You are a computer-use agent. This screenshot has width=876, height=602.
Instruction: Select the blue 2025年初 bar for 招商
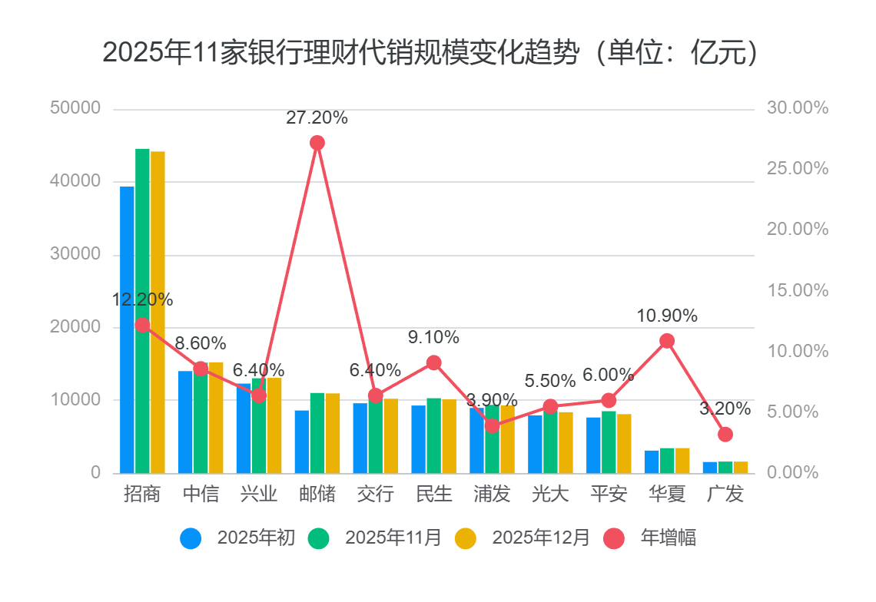click(127, 329)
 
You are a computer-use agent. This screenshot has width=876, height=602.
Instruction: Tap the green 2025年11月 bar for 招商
click(142, 310)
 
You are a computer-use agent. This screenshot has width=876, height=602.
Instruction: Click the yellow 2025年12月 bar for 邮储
click(333, 433)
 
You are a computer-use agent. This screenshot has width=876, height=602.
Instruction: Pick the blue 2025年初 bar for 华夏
click(652, 461)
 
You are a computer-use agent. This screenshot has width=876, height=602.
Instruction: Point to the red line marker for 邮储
click(317, 143)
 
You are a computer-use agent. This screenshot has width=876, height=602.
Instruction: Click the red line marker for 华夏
click(667, 341)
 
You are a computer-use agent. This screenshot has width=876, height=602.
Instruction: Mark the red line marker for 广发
click(725, 435)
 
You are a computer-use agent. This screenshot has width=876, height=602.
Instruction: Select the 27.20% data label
click(317, 118)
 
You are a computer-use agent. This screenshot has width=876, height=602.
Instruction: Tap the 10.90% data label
click(667, 316)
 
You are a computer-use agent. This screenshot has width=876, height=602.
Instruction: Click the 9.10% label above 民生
click(433, 337)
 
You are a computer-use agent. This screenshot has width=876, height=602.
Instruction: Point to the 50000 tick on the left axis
click(75, 108)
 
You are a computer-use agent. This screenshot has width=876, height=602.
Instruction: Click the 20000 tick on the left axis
click(75, 327)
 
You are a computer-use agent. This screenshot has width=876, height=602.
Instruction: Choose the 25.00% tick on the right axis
click(798, 169)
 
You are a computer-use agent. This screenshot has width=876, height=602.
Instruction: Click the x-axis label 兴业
click(259, 494)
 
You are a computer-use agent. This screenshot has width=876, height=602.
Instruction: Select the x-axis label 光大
click(550, 494)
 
